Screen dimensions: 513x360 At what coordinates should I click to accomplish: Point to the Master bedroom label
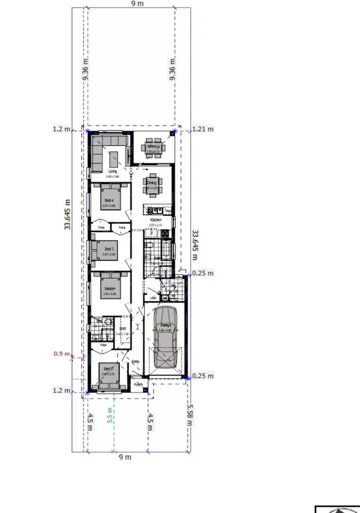point(110,289)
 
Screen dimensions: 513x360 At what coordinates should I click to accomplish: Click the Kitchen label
point(156,219)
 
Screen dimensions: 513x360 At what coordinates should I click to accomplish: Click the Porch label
point(138,385)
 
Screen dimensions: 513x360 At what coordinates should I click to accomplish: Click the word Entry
point(136,361)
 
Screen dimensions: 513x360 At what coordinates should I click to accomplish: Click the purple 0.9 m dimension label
point(62,354)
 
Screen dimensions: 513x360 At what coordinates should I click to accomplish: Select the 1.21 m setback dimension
point(203,129)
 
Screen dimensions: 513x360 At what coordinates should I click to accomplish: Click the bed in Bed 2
point(108,373)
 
